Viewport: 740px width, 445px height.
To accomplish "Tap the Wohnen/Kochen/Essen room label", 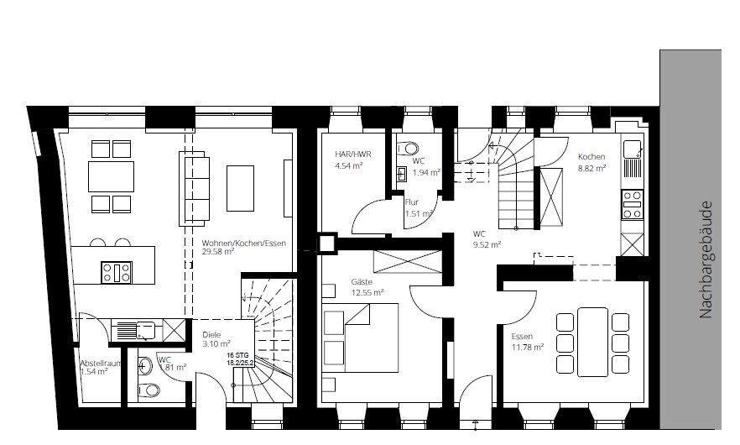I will (x=244, y=243).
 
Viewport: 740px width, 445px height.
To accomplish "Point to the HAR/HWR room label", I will (x=352, y=154).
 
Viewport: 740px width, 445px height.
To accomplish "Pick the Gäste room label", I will (x=362, y=282).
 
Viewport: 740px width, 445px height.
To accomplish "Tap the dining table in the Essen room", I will (x=593, y=341).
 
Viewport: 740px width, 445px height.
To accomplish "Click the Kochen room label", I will (x=591, y=157).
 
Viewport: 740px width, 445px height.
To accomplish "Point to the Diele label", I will (x=212, y=334).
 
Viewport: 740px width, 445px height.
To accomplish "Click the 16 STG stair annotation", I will (x=238, y=356).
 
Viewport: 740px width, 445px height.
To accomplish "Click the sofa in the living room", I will (x=194, y=187).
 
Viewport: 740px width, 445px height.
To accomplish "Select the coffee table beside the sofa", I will (x=241, y=187).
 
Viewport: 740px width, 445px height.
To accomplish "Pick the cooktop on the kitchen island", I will (x=117, y=273).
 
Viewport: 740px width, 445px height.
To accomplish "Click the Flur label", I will (x=412, y=202).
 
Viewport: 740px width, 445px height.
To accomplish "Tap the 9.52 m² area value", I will (x=487, y=244).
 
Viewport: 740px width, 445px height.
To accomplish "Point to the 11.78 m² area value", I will (x=528, y=347).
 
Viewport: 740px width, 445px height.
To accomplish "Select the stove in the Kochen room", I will (x=632, y=204).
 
